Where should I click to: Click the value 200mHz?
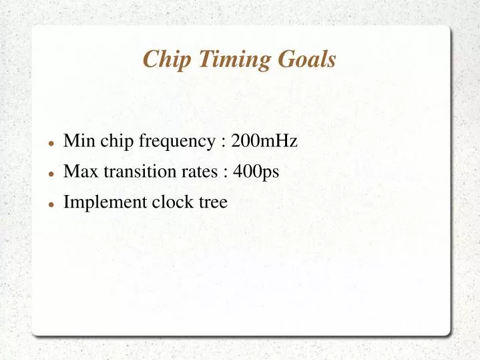pyautogui.click(x=264, y=141)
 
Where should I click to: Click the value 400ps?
pyautogui.click(x=256, y=172)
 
